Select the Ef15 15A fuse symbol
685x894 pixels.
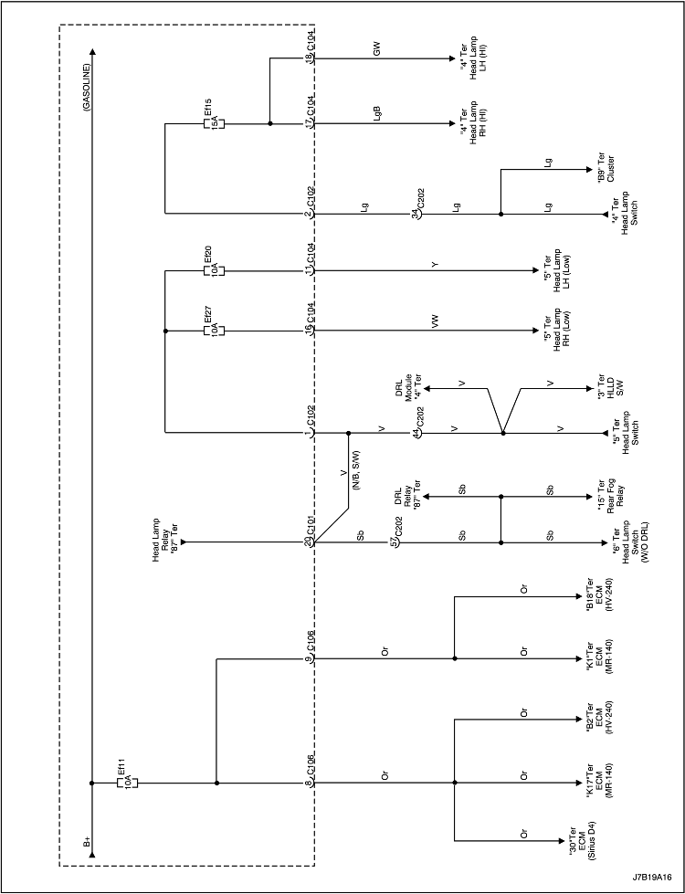coord(216,122)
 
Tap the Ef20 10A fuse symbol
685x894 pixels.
coord(216,270)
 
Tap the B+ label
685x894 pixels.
coord(87,840)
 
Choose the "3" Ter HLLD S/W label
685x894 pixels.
coord(604,387)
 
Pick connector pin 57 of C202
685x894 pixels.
coord(393,542)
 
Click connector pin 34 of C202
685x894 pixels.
coord(416,215)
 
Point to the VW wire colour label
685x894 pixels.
coord(436,322)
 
